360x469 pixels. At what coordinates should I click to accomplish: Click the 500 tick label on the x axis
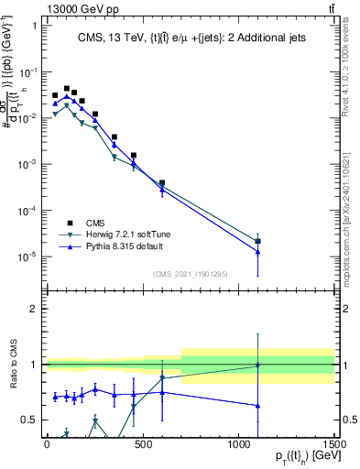coord(143,444)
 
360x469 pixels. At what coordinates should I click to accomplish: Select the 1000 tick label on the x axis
coord(239,444)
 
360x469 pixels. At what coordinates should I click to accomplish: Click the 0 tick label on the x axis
coord(47,444)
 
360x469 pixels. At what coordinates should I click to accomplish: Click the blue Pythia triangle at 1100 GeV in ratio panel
coord(258,405)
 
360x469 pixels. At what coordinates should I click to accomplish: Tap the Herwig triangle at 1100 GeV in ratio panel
coord(258,365)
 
